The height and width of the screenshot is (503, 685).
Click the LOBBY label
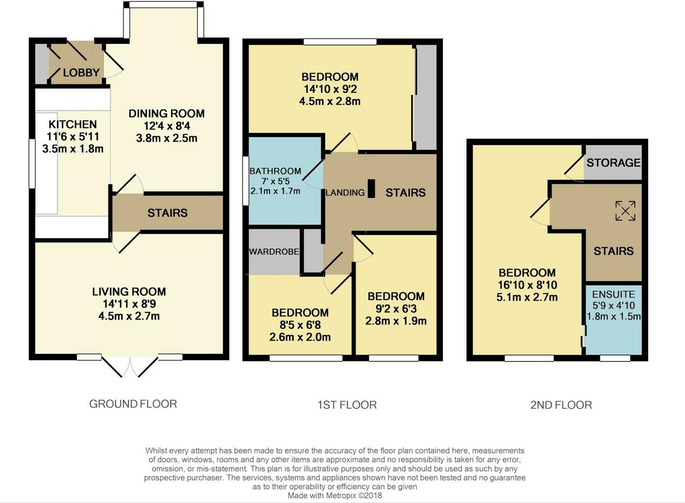[x=81, y=73]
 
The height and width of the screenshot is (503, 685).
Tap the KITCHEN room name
[x=73, y=124]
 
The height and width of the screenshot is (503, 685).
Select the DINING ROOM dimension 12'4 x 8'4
[x=166, y=126]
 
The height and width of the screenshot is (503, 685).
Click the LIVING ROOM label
[x=129, y=292]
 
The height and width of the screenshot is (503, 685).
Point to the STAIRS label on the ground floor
[x=167, y=213]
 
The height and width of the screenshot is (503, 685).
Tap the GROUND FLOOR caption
[x=133, y=404]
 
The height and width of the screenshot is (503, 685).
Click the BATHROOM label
[x=275, y=171]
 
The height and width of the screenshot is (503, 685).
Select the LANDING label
[x=345, y=193]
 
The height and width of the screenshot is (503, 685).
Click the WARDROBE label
[x=274, y=251]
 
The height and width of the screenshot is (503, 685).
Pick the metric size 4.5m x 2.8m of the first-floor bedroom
[x=329, y=102]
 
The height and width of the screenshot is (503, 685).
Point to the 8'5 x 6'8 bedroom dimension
[x=300, y=325]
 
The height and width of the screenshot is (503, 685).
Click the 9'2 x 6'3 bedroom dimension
[x=396, y=308]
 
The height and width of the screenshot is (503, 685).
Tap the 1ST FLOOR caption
[x=347, y=405]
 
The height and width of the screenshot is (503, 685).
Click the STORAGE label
[x=613, y=163]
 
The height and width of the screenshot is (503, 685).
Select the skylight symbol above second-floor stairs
[x=625, y=211]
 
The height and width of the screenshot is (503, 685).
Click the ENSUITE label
[x=613, y=294]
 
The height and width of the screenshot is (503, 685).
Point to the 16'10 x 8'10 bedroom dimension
[x=527, y=285]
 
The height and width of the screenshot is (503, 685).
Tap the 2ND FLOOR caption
[x=561, y=405]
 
